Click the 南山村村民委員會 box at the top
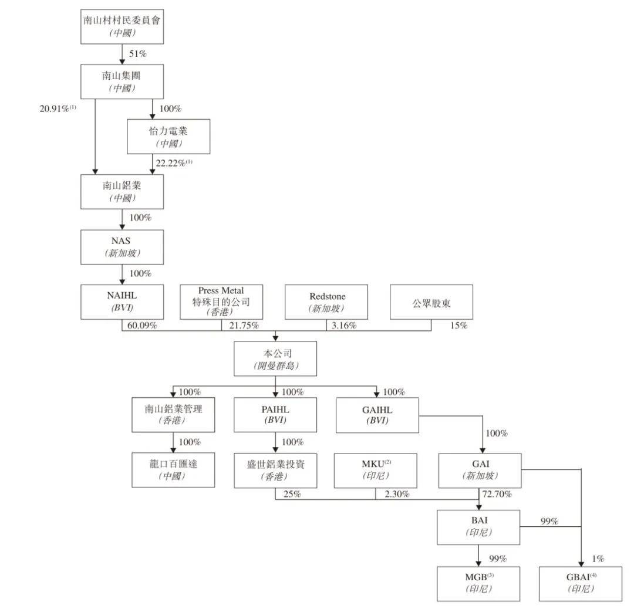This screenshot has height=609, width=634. click(x=122, y=26)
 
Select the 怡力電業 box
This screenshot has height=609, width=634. click(x=168, y=137)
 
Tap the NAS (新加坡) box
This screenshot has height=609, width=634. click(x=122, y=248)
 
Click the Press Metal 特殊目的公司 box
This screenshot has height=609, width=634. click(x=221, y=302)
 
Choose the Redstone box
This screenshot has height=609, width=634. click(x=326, y=302)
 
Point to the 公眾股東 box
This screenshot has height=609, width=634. click(x=431, y=302)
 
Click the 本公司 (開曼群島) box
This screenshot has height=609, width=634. click(x=275, y=359)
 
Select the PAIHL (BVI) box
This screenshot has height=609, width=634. click(x=275, y=415)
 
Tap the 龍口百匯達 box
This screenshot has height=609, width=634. click(x=173, y=470)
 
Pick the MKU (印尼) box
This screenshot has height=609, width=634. click(x=376, y=471)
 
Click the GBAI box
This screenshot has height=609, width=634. click(x=581, y=584)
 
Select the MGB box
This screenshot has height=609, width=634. click(x=478, y=584)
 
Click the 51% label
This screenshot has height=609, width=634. click(x=138, y=54)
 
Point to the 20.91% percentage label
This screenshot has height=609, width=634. click(x=58, y=109)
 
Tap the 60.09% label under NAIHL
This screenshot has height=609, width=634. click(x=142, y=325)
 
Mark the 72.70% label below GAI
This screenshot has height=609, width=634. click(x=497, y=494)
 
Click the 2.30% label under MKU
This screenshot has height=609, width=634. click(x=397, y=494)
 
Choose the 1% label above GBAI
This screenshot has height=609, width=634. click(x=598, y=559)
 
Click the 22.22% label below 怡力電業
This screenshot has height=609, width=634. click(x=174, y=163)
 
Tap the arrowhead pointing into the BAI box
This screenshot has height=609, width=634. click(x=479, y=507)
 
